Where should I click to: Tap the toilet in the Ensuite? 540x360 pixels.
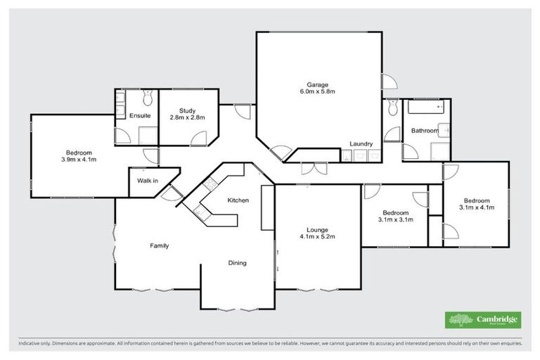tap(147, 98)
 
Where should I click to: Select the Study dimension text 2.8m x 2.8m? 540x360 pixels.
tap(187, 117)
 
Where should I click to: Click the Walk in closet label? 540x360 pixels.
tap(147, 181)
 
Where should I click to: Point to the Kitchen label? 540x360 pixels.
tap(238, 200)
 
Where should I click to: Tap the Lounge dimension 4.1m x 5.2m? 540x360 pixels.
tap(316, 237)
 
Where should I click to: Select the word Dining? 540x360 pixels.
tap(237, 263)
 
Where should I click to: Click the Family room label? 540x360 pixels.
tap(159, 245)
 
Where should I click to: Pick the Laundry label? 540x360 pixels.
tap(361, 145)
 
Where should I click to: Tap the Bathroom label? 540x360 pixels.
tap(424, 131)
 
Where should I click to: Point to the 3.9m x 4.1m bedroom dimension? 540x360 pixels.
tap(79, 160)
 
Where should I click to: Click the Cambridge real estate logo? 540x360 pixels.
tap(483, 319)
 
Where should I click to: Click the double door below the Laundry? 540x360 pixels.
tap(309, 168)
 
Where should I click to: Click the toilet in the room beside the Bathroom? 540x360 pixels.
tap(392, 107)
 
